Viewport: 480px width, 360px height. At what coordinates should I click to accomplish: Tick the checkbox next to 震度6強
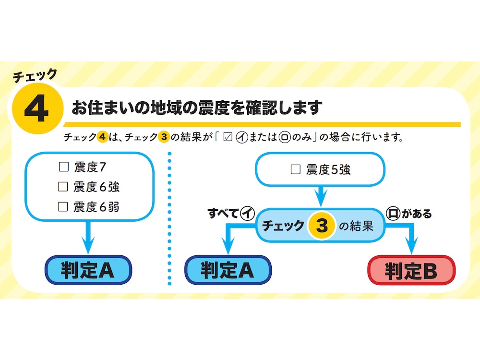click(63, 187)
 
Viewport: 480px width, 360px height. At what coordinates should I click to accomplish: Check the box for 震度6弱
click(63, 207)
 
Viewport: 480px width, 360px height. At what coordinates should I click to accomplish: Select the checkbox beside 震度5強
click(296, 169)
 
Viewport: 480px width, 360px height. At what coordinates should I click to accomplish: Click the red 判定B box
click(411, 271)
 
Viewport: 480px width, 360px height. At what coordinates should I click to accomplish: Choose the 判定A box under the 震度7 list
click(88, 270)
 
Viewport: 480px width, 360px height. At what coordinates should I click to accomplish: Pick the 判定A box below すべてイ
click(228, 270)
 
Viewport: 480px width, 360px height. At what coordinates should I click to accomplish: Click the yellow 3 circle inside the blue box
click(322, 226)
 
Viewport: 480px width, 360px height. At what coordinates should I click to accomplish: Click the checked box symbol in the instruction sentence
click(228, 138)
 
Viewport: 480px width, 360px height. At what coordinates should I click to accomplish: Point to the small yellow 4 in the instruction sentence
click(102, 138)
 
